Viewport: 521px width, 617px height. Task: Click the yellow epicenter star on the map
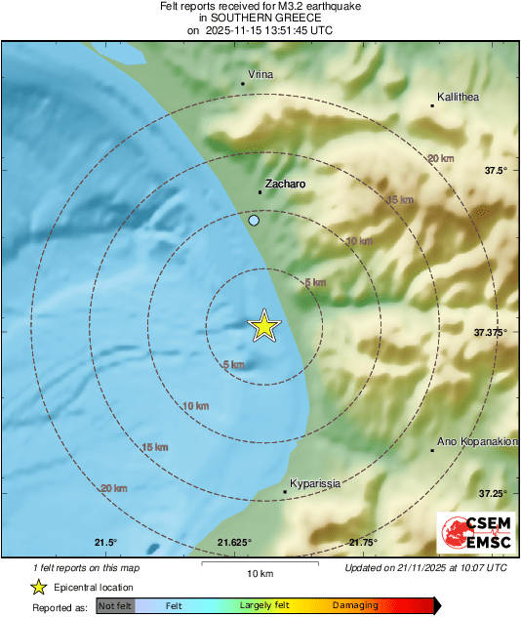(264, 327)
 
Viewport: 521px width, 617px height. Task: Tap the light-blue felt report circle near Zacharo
(254, 222)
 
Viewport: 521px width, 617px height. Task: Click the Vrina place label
(260, 75)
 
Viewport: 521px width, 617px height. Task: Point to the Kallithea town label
(459, 97)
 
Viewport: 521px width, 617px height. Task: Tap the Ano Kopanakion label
(477, 441)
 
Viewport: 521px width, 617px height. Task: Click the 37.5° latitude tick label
(497, 171)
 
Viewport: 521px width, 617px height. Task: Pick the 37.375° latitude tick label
(492, 332)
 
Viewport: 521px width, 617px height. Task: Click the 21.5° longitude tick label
(105, 543)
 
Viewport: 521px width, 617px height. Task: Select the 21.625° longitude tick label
(234, 543)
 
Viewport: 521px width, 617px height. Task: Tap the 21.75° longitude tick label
(363, 543)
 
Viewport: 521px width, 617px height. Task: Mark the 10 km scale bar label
(259, 572)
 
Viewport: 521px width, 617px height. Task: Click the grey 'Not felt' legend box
(115, 606)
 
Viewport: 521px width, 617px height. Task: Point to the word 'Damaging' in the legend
(355, 606)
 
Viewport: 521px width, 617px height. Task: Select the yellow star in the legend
(38, 587)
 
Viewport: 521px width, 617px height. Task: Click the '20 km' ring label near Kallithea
(440, 158)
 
